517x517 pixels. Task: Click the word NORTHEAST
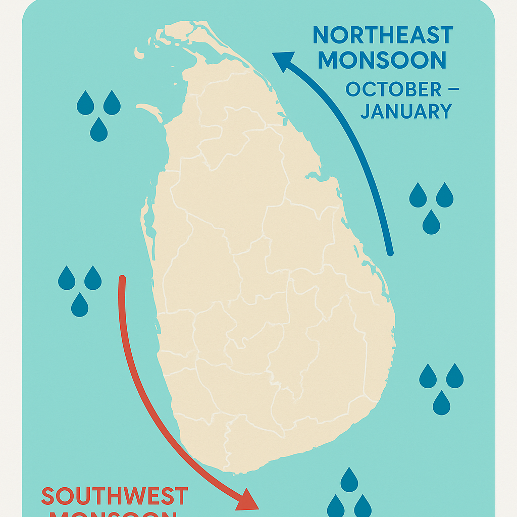[382, 35]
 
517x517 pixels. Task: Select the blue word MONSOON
[382, 60]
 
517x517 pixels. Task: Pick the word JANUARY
[406, 111]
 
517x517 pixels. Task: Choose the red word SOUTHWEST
[115, 497]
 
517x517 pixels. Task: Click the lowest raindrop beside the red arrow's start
[80, 305]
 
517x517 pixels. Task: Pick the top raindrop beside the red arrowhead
[349, 480]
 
